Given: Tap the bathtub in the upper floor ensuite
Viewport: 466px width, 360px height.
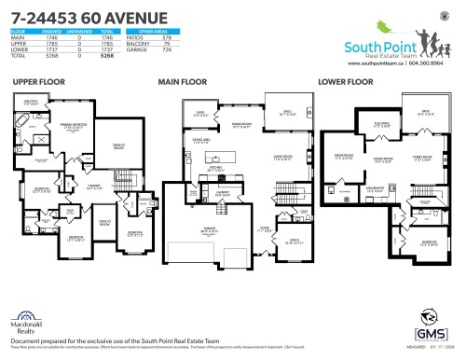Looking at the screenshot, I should [21, 122].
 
